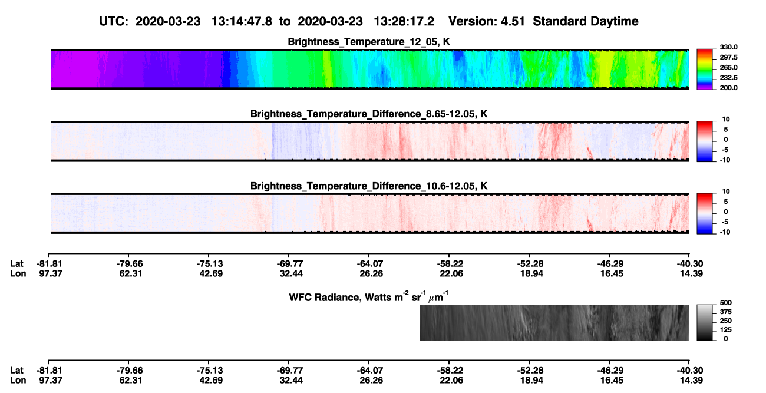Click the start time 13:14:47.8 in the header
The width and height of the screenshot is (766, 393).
pos(242,22)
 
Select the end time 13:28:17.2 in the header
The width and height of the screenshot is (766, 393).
pos(404,22)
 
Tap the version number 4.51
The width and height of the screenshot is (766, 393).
pos(512,22)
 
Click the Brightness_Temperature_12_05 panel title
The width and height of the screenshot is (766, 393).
pos(369,42)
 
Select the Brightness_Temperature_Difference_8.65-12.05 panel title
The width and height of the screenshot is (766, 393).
pos(369,114)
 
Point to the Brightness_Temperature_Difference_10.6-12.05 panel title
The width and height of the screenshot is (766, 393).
pos(369,186)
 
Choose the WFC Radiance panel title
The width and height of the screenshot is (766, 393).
pos(369,297)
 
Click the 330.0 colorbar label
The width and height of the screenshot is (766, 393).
pos(728,47)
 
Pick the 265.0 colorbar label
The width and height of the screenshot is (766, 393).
pos(728,67)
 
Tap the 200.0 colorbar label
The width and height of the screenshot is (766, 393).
pos(728,88)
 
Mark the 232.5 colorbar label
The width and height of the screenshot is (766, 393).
pos(728,78)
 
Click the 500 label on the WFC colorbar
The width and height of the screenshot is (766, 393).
pos(726,303)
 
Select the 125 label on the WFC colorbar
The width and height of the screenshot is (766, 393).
pos(726,330)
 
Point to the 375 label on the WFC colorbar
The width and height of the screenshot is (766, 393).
pos(726,312)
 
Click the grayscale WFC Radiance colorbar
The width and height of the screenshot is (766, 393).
pos(705,322)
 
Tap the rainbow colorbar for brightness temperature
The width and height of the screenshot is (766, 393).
pos(705,70)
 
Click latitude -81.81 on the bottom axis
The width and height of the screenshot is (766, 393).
pos(49,371)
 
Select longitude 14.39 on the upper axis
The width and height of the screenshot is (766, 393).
pos(691,273)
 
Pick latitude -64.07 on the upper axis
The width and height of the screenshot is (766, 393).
pos(370,264)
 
